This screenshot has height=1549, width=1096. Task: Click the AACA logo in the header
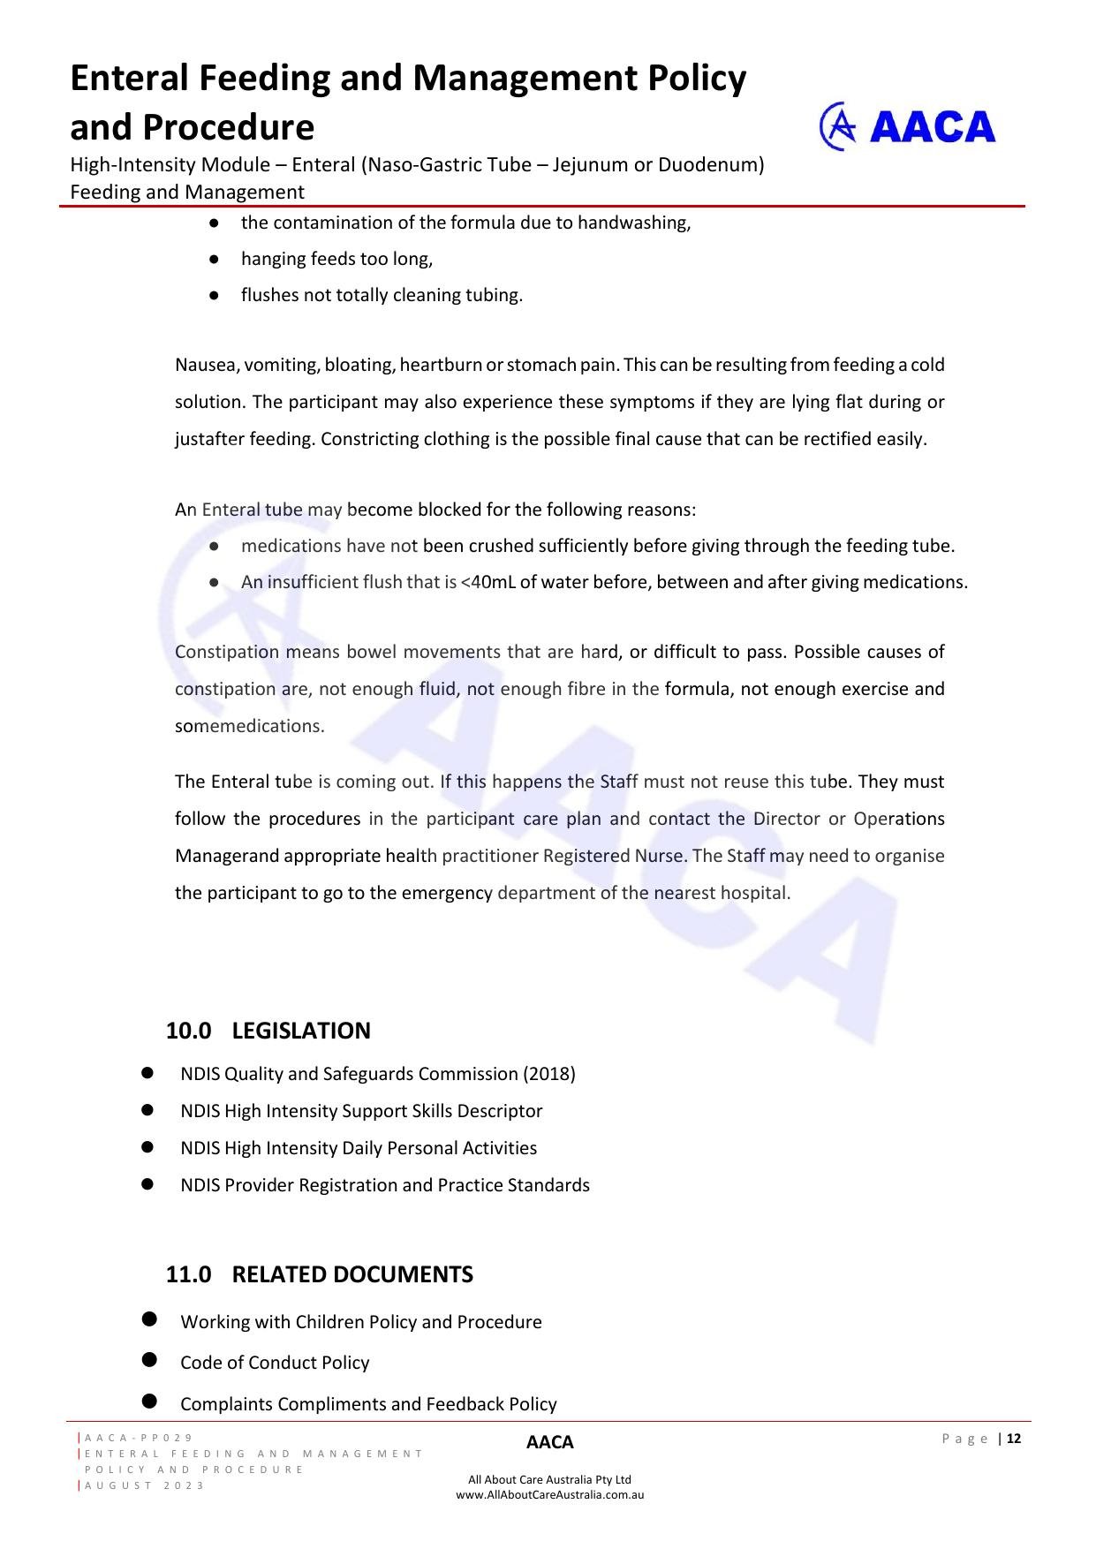(907, 127)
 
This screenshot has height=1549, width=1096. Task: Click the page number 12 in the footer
(1013, 1439)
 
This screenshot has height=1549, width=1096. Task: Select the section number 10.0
(188, 1031)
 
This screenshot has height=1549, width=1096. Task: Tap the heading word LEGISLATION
(301, 1031)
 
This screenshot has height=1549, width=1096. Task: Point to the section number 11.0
(188, 1274)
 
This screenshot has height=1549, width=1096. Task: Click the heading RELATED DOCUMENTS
(352, 1274)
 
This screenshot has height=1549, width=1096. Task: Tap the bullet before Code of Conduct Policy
(148, 1361)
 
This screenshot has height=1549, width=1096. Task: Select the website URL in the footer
(549, 1495)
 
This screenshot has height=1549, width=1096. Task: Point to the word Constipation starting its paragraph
(227, 652)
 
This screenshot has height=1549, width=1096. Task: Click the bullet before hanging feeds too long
(214, 259)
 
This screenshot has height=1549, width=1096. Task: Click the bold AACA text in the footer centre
(549, 1442)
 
